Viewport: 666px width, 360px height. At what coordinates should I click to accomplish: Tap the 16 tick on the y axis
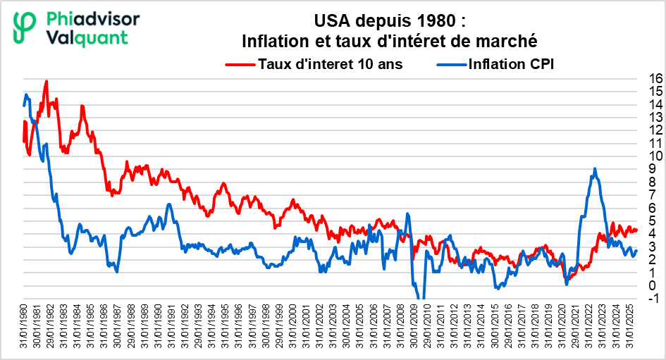click(x=656, y=78)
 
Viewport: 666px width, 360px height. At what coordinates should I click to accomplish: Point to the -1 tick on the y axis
click(x=654, y=299)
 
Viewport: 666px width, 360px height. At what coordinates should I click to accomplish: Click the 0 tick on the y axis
click(x=653, y=286)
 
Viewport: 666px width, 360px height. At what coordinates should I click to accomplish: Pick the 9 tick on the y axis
click(x=653, y=169)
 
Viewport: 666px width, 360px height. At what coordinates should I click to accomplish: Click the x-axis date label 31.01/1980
click(x=24, y=325)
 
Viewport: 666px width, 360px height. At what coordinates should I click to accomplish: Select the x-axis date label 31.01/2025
click(x=629, y=325)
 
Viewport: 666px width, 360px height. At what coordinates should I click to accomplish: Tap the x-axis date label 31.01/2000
click(x=293, y=325)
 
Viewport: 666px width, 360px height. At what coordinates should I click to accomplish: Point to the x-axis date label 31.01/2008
click(x=400, y=325)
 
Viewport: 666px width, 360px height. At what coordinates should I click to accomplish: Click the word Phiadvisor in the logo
click(x=92, y=19)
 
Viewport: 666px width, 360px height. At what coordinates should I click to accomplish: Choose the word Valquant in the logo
click(x=87, y=38)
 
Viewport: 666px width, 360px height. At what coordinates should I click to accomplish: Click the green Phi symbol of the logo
click(x=25, y=27)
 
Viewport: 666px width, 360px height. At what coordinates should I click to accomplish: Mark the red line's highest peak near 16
click(x=47, y=80)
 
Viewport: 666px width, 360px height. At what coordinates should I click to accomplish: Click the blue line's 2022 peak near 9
click(x=595, y=168)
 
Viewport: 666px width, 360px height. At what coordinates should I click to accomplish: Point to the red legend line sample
click(x=241, y=65)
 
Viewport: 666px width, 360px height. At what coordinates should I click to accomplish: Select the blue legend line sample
click(x=452, y=65)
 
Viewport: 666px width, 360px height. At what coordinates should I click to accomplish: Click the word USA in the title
click(x=332, y=20)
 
